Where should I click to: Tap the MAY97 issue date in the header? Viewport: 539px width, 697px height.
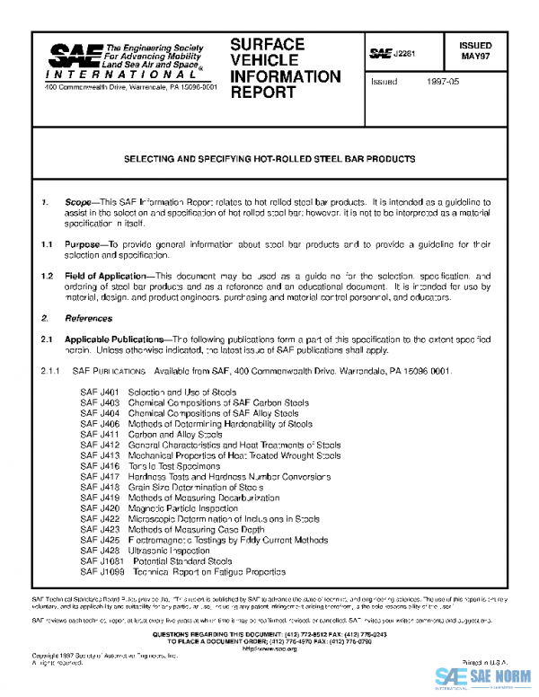475,56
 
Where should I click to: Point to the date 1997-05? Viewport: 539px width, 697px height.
444,81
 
